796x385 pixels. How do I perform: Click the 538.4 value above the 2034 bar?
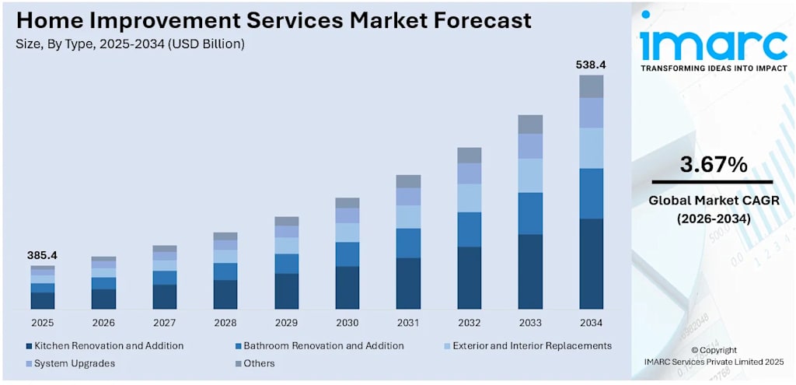coord(591,65)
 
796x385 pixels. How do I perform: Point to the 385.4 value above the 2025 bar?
coord(43,255)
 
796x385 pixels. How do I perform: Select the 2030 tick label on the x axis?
coord(347,323)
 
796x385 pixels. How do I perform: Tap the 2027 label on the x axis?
coord(165,323)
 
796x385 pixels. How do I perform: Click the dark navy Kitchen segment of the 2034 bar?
coord(591,264)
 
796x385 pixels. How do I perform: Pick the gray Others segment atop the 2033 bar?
coord(530,124)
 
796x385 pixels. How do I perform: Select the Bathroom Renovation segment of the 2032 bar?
coord(469,229)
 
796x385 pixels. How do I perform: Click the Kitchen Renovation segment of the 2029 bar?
coord(286,291)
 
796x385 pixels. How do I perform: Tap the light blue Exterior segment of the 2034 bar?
coord(591,149)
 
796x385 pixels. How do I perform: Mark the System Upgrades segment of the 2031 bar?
coord(408,197)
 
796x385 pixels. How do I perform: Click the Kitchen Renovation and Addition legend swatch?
coord(29,346)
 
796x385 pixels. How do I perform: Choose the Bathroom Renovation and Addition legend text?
coord(324,346)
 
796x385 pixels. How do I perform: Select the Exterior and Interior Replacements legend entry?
coord(527,346)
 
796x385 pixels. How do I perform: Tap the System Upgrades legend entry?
coord(71,364)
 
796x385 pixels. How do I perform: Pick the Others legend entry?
coord(255,364)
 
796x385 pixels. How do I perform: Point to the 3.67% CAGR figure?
coord(714,165)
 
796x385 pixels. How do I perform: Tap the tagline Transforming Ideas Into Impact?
coord(714,68)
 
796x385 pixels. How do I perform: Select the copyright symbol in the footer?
coord(696,350)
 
